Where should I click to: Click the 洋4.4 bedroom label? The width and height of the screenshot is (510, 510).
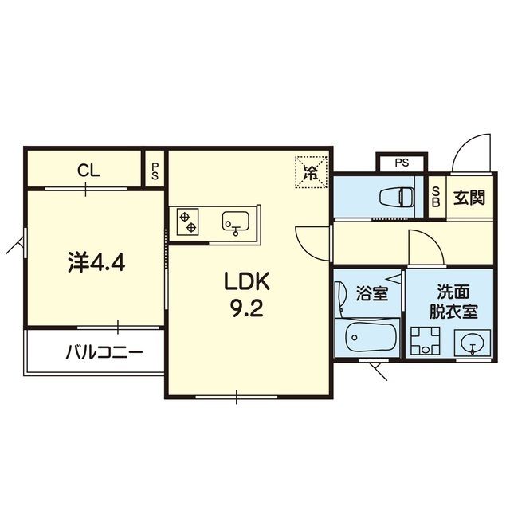pyautogui.click(x=96, y=262)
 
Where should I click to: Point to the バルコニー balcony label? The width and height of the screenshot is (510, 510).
pyautogui.click(x=104, y=351)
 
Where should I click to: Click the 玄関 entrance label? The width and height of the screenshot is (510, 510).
pyautogui.click(x=469, y=197)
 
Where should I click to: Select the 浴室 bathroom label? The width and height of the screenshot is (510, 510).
pyautogui.click(x=371, y=293)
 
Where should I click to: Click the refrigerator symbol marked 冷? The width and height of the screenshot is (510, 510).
pyautogui.click(x=312, y=171)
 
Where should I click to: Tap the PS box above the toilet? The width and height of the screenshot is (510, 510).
pyautogui.click(x=402, y=163)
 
